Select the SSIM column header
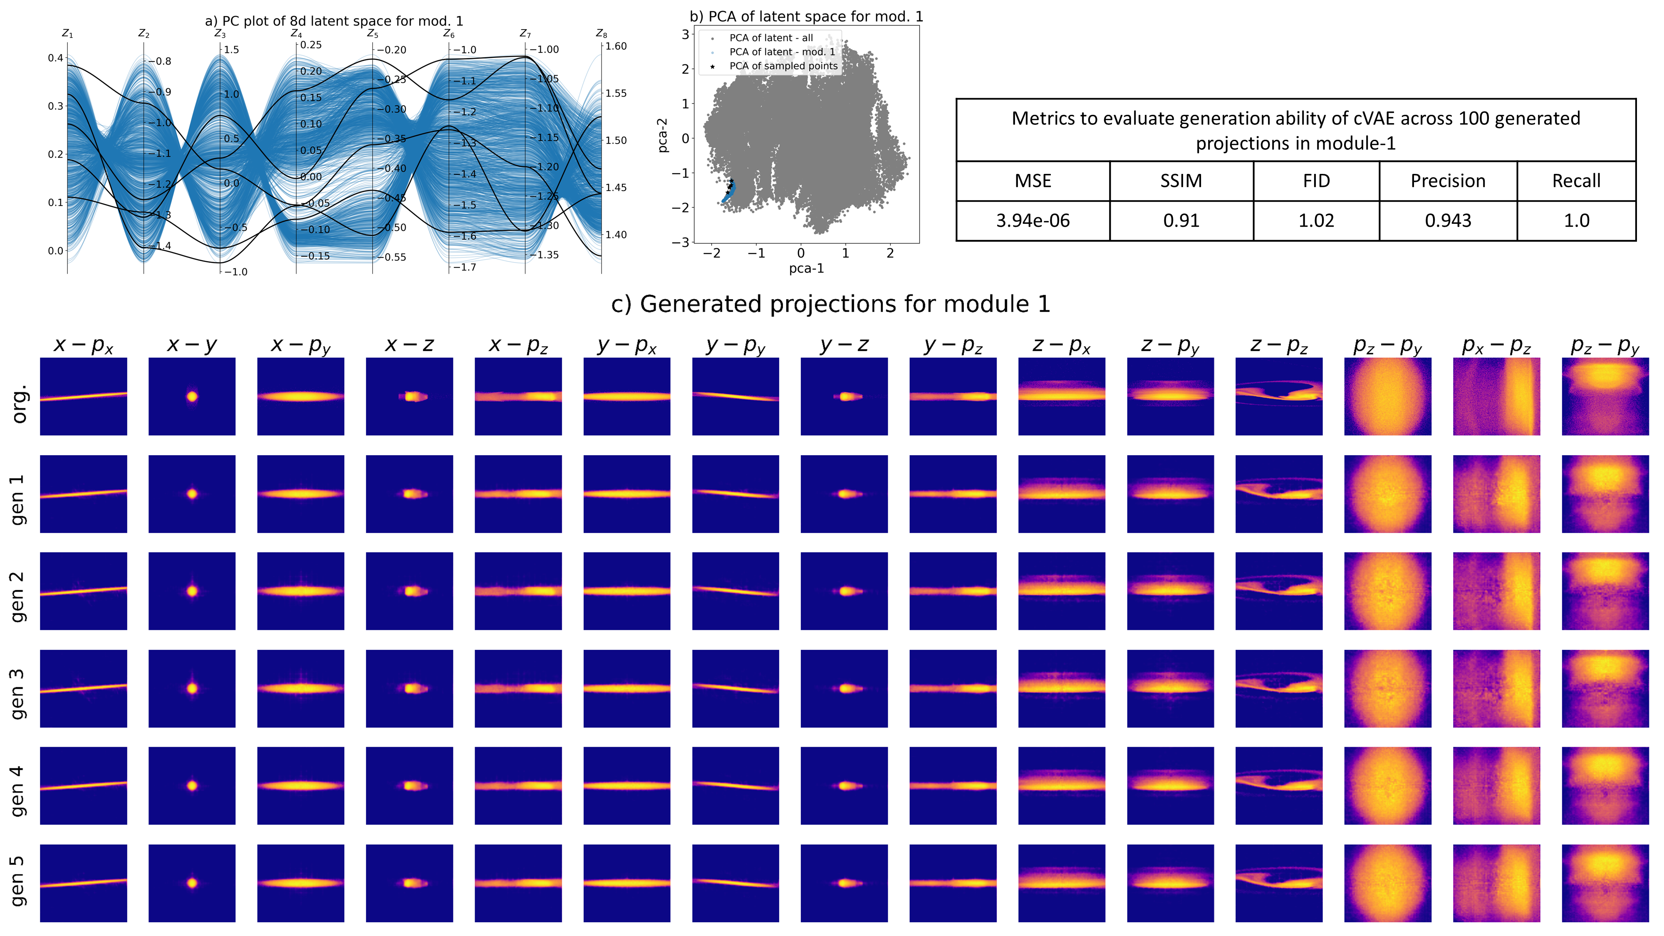pyautogui.click(x=1181, y=181)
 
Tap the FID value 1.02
pyautogui.click(x=1316, y=221)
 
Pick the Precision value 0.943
pyautogui.click(x=1448, y=221)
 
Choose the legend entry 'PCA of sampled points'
pyautogui.click(x=783, y=66)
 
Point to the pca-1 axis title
pyautogui.click(x=806, y=268)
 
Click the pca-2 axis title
pyautogui.click(x=662, y=135)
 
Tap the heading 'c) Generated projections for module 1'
pyautogui.click(x=831, y=304)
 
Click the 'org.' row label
pyautogui.click(x=20, y=404)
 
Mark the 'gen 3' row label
pyautogui.click(x=17, y=694)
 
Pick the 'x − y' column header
pyautogui.click(x=192, y=345)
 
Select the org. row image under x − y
pyautogui.click(x=192, y=396)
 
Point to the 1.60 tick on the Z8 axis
pyautogui.click(x=616, y=47)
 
